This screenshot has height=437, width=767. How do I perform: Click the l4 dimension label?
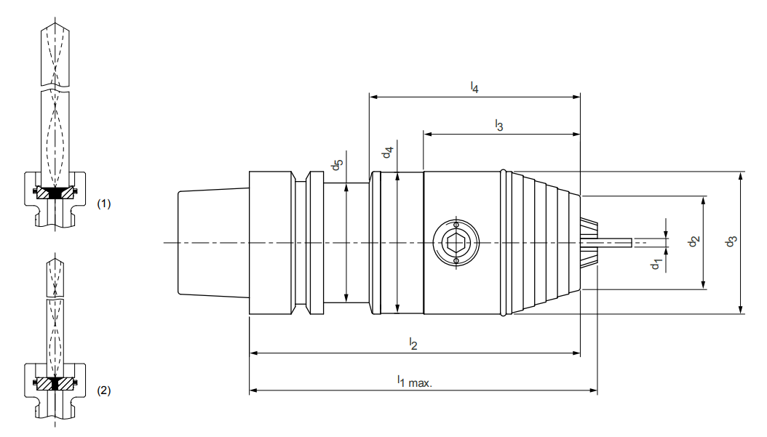click(474, 88)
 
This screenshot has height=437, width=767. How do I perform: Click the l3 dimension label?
click(498, 126)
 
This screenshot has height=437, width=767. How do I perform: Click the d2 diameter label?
click(694, 241)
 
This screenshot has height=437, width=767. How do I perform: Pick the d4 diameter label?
click(389, 153)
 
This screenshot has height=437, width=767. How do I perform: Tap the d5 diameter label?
click(336, 165)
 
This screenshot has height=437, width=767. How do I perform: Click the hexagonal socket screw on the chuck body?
click(455, 242)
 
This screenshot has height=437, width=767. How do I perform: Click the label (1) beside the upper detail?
click(104, 204)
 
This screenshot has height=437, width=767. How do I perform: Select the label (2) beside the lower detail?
click(104, 390)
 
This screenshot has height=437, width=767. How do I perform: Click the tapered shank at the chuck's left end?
click(213, 242)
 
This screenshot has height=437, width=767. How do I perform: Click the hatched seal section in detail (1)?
click(55, 193)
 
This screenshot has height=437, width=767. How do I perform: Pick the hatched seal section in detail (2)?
click(55, 382)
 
